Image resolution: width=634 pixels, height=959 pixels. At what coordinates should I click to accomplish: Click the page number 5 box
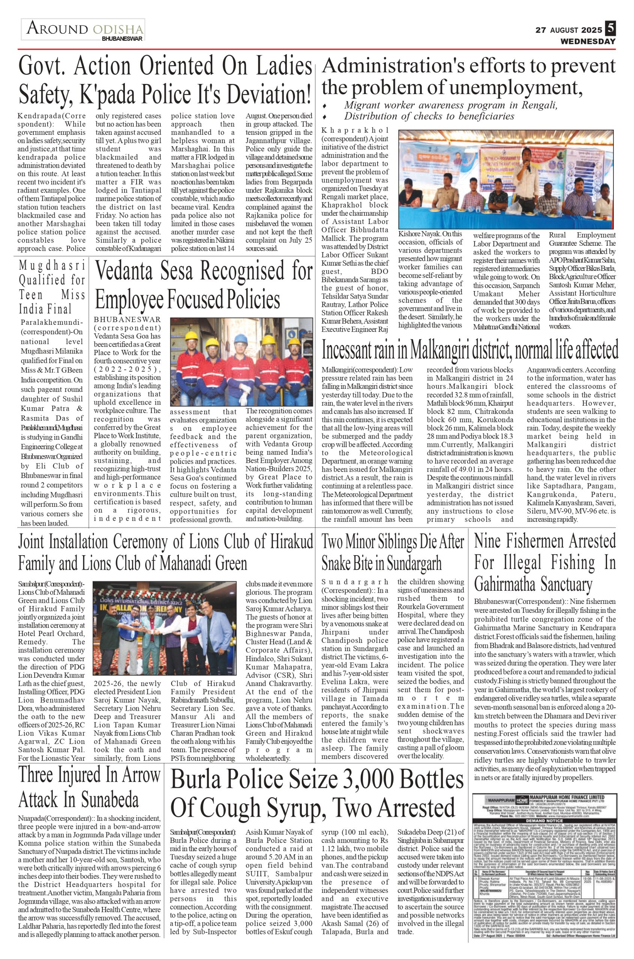click(610, 29)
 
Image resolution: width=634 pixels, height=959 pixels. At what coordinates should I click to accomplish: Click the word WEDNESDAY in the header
click(588, 41)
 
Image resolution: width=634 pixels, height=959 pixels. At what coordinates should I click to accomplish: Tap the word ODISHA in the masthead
click(118, 30)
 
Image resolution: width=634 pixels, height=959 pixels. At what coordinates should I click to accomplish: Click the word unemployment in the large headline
click(502, 87)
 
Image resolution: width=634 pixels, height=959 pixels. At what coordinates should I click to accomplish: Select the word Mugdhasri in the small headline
click(52, 265)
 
